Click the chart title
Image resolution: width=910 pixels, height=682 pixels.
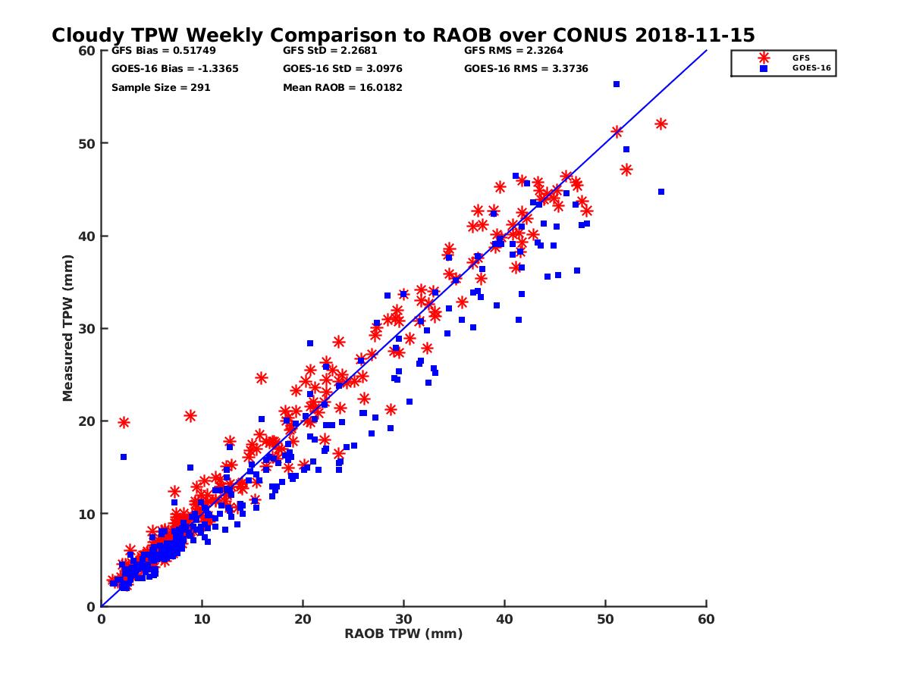403,36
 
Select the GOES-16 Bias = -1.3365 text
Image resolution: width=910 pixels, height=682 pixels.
165,69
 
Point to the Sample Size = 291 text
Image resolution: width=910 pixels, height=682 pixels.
161,87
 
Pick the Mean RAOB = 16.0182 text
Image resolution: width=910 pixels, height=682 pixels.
342,87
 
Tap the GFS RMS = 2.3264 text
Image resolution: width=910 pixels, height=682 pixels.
513,52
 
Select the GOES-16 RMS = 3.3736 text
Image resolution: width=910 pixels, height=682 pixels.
526,69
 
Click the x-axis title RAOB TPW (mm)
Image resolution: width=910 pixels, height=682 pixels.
403,634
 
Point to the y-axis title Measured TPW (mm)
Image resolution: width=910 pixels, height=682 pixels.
68,328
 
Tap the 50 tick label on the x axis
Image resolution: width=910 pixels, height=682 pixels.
605,619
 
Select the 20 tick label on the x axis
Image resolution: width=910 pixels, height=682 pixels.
303,619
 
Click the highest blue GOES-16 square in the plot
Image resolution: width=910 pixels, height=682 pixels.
617,84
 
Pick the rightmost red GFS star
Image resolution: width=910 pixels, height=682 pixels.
661,124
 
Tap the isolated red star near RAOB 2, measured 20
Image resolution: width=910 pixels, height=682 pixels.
124,422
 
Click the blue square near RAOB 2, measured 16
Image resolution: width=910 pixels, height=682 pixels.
124,457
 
